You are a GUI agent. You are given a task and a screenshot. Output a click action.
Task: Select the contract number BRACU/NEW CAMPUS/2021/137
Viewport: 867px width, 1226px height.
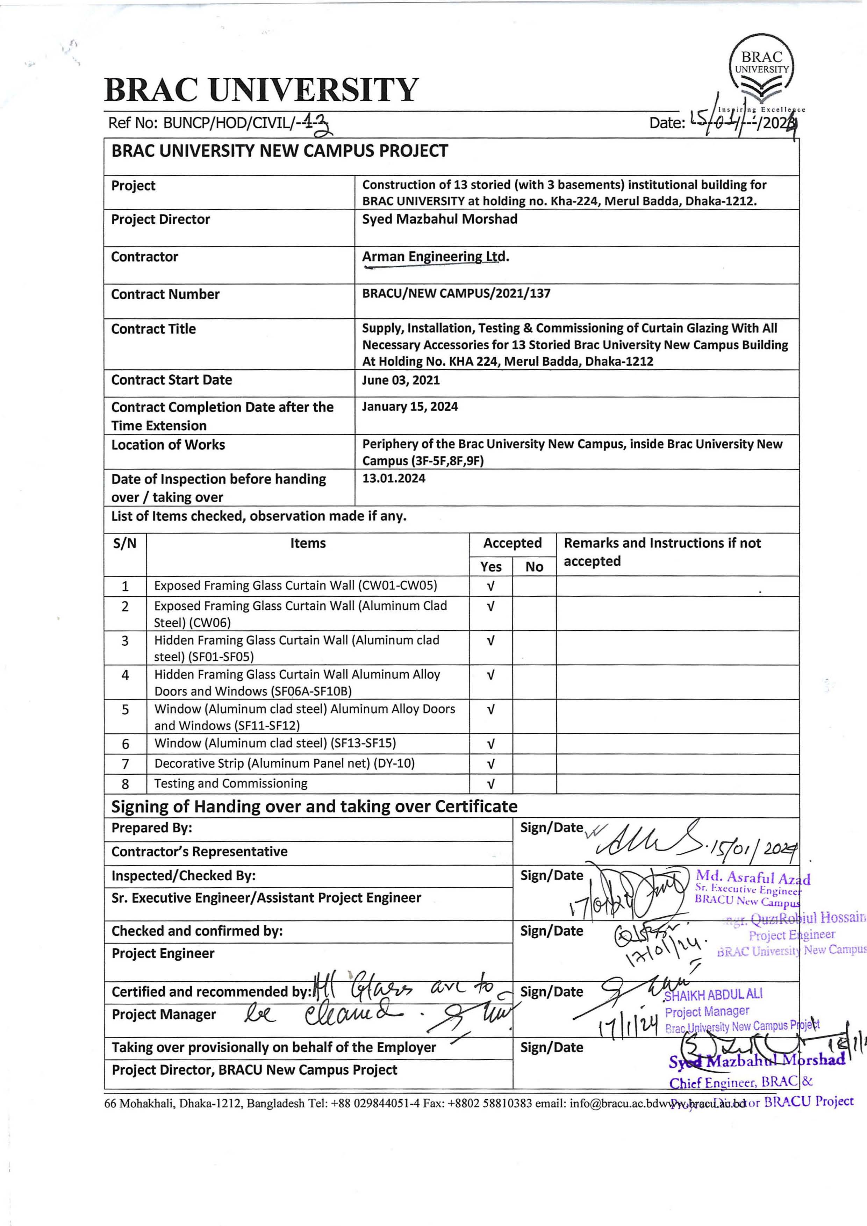pyautogui.click(x=456, y=293)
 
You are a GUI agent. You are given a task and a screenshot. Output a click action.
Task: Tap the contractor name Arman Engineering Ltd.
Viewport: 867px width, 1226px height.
pyautogui.click(x=435, y=257)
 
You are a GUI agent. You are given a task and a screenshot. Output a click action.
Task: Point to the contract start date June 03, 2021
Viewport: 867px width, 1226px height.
pyautogui.click(x=400, y=380)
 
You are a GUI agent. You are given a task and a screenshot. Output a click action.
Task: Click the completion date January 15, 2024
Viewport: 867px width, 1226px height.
pyautogui.click(x=409, y=407)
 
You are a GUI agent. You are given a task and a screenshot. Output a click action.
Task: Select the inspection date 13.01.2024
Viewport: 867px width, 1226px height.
pyautogui.click(x=393, y=479)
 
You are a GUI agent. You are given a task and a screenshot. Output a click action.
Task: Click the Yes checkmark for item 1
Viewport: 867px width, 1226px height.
pyautogui.click(x=490, y=586)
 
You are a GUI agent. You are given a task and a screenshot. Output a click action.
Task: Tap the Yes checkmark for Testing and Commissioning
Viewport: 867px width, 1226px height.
pyautogui.click(x=490, y=784)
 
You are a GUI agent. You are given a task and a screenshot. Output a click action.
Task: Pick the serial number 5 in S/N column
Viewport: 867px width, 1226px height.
pyautogui.click(x=125, y=710)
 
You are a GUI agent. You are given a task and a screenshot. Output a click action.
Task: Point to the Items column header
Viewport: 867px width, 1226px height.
pyautogui.click(x=308, y=544)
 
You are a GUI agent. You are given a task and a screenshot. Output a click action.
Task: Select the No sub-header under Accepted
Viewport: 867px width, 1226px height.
pyautogui.click(x=534, y=567)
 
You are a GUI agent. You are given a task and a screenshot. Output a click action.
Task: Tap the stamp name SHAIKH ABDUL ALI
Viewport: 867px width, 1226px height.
pyautogui.click(x=713, y=994)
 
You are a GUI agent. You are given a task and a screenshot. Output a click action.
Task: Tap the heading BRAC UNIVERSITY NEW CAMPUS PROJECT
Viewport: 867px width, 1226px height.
pyautogui.click(x=279, y=151)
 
